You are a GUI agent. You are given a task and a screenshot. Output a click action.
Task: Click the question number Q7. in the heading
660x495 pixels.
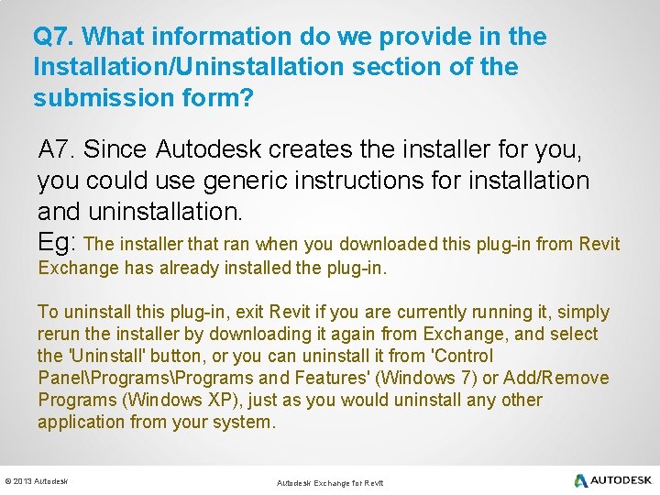57,37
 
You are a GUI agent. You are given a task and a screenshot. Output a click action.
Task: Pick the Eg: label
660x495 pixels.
59,243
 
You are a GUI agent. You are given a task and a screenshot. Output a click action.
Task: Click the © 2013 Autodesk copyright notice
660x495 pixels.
37,481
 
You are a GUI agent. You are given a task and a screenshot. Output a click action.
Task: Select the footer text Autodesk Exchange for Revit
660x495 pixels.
330,482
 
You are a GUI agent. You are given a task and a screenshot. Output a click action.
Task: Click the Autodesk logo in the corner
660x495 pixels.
613,480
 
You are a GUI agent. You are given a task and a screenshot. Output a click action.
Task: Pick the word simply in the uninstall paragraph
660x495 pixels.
584,313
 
